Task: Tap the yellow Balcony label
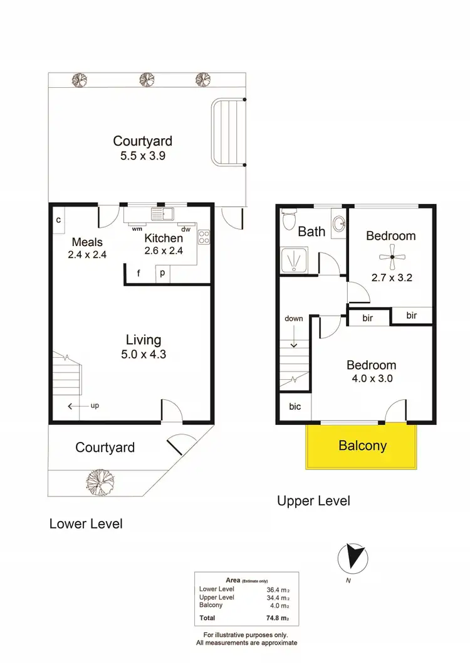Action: coord(362,446)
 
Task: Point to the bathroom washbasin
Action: coord(338,224)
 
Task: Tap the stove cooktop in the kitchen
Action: coord(204,237)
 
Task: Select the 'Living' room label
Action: coord(144,340)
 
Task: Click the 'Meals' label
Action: coord(87,242)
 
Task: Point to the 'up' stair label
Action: coord(95,406)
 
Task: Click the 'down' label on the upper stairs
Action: coord(293,318)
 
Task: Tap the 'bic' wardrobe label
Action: coord(295,407)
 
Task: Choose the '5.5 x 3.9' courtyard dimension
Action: coord(142,156)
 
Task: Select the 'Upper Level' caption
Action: coord(313,501)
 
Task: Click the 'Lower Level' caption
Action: coord(86,524)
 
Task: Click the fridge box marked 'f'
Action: coord(138,273)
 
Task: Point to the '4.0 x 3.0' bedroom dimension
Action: coord(372,379)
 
